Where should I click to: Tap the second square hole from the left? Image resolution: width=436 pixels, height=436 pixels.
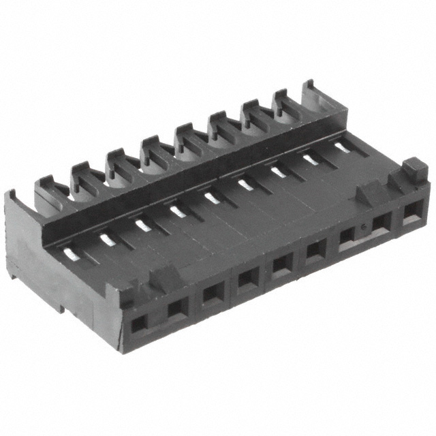coord(176,308)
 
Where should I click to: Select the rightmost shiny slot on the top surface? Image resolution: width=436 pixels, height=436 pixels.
coord(342,146)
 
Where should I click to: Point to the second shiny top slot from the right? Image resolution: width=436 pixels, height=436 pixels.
coord(311,158)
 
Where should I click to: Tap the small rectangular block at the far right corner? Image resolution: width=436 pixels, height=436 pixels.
coord(411,168)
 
